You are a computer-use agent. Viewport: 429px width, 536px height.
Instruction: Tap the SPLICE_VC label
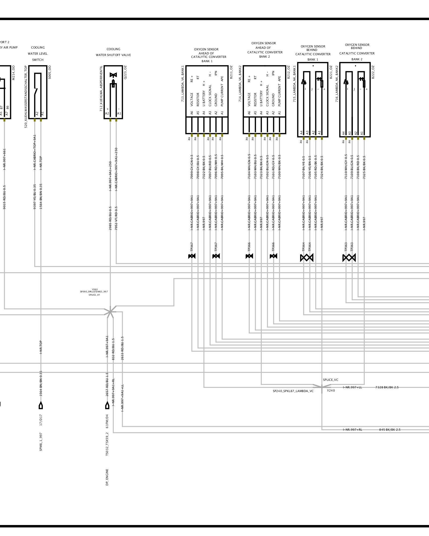pos(331,380)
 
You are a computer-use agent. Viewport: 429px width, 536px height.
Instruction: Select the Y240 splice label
pos(331,390)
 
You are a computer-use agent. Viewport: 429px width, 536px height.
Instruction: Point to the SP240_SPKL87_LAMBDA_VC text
pos(293,391)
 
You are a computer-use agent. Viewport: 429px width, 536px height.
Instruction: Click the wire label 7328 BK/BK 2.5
pos(387,387)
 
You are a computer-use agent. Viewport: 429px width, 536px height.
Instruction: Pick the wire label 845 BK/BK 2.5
pos(390,430)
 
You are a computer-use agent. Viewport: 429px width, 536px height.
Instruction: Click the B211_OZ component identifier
pos(231,72)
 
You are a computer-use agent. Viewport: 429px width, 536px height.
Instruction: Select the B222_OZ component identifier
pos(373,72)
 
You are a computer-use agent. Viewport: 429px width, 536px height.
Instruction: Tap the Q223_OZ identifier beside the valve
pos(125,72)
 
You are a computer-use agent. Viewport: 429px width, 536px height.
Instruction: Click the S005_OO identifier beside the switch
pos(50,72)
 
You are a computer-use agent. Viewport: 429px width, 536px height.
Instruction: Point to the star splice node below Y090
pos(110,312)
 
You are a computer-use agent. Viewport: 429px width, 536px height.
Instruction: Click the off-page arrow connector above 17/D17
pos(41,405)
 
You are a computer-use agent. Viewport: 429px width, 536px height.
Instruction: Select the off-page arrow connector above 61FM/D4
pos(107,405)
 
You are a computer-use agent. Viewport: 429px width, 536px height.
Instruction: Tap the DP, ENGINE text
pos(107,477)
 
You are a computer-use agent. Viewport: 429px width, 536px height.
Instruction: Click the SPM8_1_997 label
pos(41,442)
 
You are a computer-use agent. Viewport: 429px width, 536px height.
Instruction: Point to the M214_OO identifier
pos(14,72)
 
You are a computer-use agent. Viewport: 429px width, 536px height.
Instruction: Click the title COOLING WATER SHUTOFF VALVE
pos(113,52)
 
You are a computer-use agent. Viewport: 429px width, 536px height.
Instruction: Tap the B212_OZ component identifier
pos(289,72)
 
